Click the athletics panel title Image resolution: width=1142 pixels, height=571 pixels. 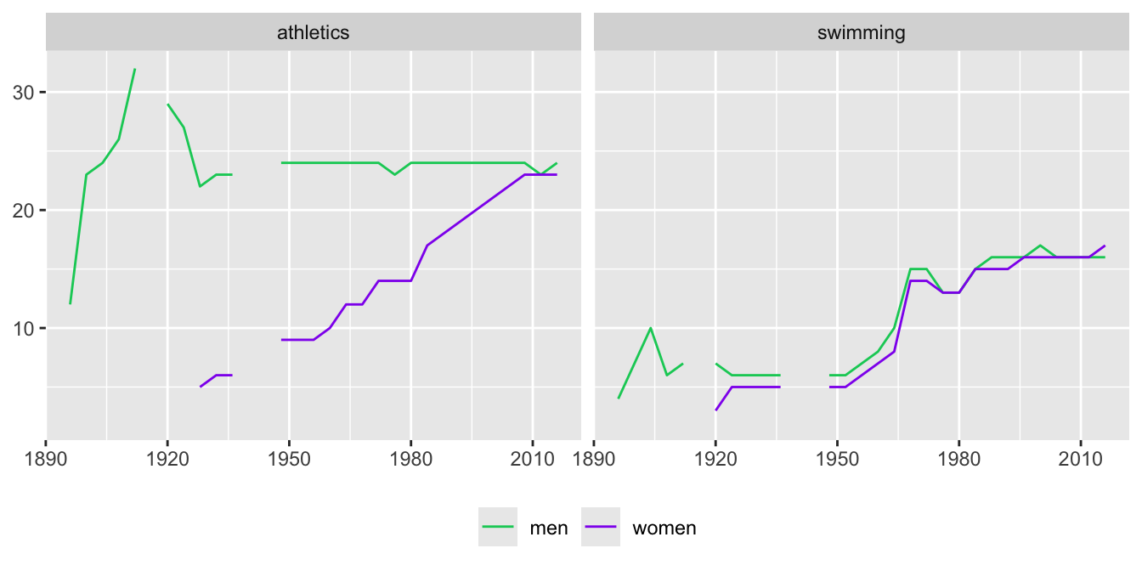(x=313, y=33)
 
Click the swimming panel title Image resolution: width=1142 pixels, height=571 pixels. (x=861, y=33)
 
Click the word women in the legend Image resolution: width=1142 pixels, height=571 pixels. (x=664, y=528)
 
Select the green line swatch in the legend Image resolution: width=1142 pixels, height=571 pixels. (x=498, y=528)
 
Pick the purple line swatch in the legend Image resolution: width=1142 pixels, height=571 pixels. (x=601, y=528)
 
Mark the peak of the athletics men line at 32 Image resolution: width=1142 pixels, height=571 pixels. (x=135, y=69)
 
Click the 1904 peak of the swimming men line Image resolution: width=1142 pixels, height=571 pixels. (x=651, y=328)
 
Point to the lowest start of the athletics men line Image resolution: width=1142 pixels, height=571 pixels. (x=71, y=304)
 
